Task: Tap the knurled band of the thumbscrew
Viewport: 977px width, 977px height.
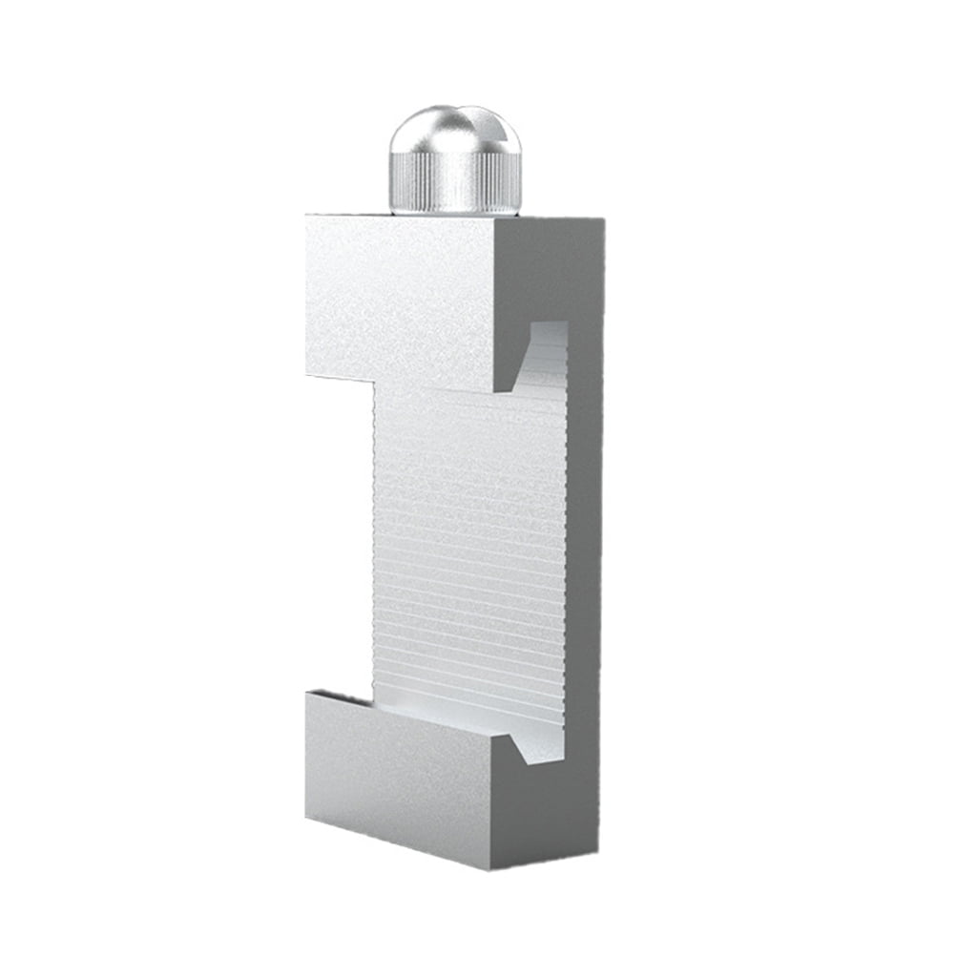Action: pyautogui.click(x=454, y=183)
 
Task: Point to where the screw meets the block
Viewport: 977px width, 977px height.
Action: pyautogui.click(x=454, y=213)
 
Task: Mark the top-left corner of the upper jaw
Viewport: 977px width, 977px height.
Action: pyautogui.click(x=307, y=218)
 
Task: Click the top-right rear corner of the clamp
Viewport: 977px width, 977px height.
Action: pyautogui.click(x=602, y=221)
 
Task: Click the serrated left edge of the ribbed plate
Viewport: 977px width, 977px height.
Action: pyautogui.click(x=376, y=544)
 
